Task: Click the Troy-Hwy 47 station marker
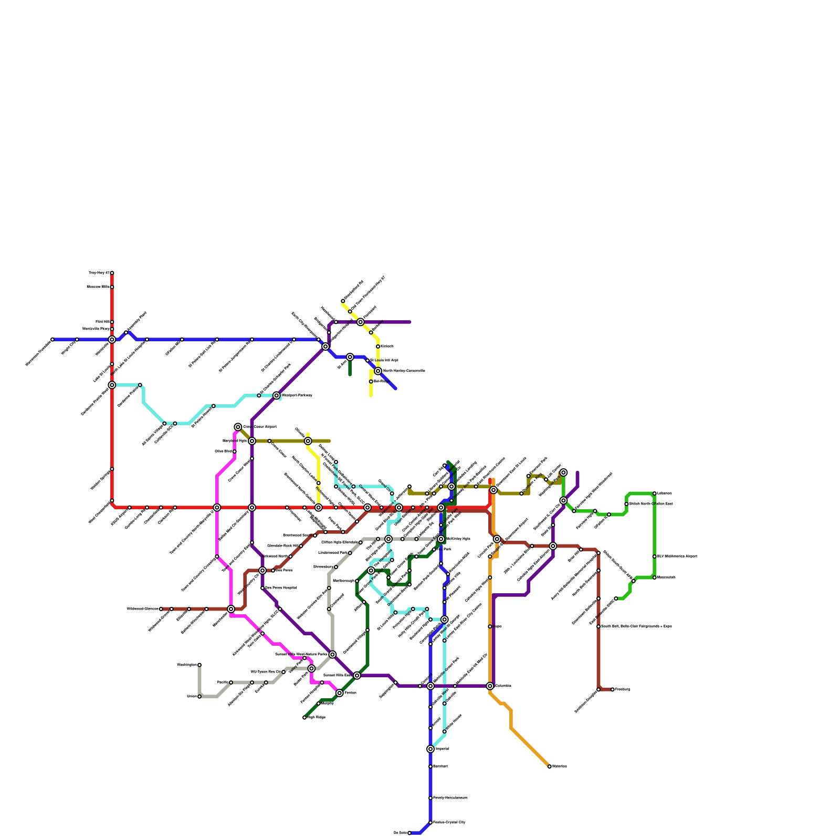click(112, 273)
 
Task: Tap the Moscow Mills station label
click(98, 287)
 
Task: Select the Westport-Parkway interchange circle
click(277, 395)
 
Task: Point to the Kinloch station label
click(387, 346)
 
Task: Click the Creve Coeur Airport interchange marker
click(238, 427)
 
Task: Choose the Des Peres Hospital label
click(281, 588)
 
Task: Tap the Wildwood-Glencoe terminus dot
click(161, 609)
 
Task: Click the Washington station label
click(187, 665)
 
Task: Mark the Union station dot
click(199, 697)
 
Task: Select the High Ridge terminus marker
click(304, 718)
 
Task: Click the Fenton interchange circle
click(340, 693)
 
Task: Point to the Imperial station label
click(443, 749)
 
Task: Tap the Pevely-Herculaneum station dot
click(430, 798)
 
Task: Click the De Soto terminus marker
click(409, 833)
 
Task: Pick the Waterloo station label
click(560, 766)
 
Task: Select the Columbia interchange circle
click(490, 686)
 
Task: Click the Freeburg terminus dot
click(613, 689)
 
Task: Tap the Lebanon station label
click(665, 493)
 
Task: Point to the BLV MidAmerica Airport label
click(677, 556)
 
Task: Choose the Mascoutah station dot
click(655, 577)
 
